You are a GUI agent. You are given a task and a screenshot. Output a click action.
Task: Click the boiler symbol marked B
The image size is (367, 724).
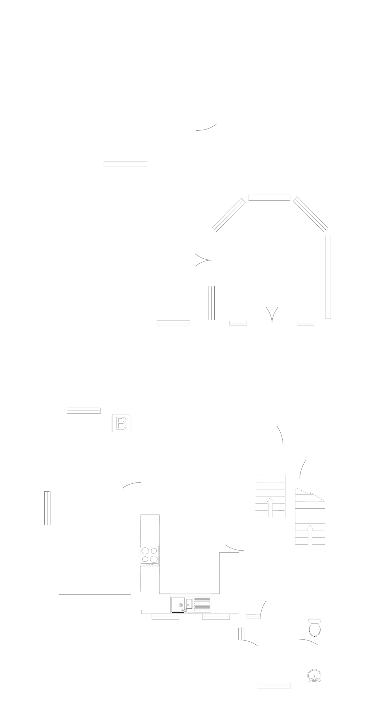tap(121, 423)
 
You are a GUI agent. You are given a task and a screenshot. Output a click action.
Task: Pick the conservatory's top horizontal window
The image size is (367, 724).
tap(270, 198)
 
